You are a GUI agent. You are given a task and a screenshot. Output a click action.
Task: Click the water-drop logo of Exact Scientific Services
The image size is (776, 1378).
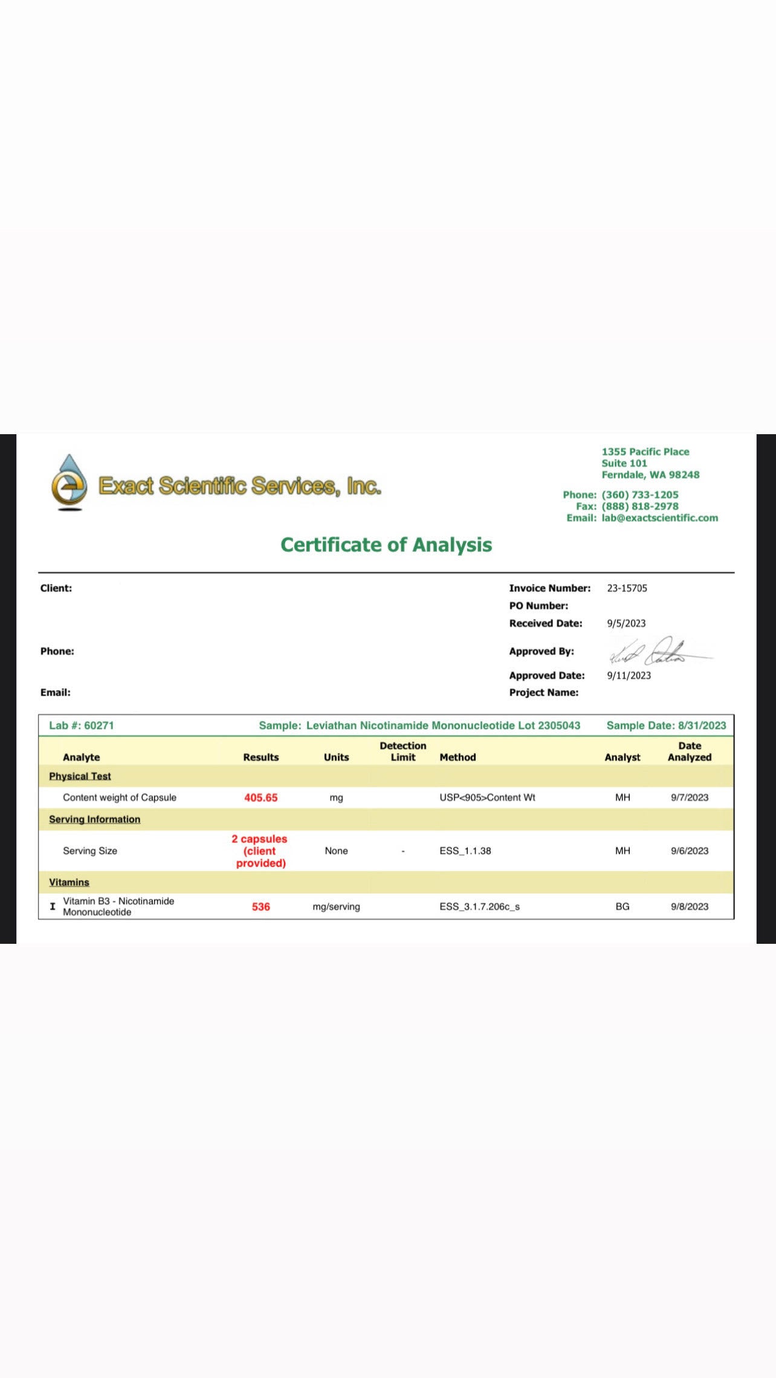(69, 482)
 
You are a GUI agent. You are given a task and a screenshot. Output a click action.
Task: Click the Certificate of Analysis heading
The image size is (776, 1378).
(386, 545)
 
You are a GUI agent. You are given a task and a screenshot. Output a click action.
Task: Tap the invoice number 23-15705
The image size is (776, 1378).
(627, 588)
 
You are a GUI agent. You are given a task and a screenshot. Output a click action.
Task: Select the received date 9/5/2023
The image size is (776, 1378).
(626, 623)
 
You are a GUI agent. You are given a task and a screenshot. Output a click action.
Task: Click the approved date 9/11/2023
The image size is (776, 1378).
(629, 676)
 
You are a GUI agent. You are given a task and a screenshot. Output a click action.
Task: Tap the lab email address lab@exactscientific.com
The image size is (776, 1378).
(659, 518)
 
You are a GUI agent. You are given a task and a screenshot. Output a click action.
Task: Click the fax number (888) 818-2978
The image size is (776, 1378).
(639, 506)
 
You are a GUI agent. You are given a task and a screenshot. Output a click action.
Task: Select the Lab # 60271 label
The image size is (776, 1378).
(82, 725)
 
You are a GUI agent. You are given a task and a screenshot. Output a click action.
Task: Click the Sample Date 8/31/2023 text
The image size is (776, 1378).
(666, 725)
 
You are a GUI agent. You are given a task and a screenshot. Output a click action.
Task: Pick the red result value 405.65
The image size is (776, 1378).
(261, 798)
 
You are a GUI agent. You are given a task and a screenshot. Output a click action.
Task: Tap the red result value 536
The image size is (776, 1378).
(261, 907)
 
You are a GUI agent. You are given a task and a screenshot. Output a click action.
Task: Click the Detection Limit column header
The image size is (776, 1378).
(403, 751)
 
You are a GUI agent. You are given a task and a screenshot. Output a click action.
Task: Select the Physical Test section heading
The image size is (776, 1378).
(80, 776)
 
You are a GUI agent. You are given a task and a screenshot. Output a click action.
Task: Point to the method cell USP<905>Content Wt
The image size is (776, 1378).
(487, 798)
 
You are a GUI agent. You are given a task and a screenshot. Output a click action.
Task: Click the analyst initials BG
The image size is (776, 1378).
(622, 907)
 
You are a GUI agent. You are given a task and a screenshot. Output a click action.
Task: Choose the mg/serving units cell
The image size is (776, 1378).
(336, 907)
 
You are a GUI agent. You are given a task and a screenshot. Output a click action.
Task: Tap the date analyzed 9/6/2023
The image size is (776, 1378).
(689, 851)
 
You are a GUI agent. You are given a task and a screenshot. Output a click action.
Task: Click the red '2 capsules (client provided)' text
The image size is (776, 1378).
(260, 851)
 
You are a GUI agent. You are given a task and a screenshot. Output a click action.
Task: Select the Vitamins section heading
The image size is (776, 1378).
(69, 882)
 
